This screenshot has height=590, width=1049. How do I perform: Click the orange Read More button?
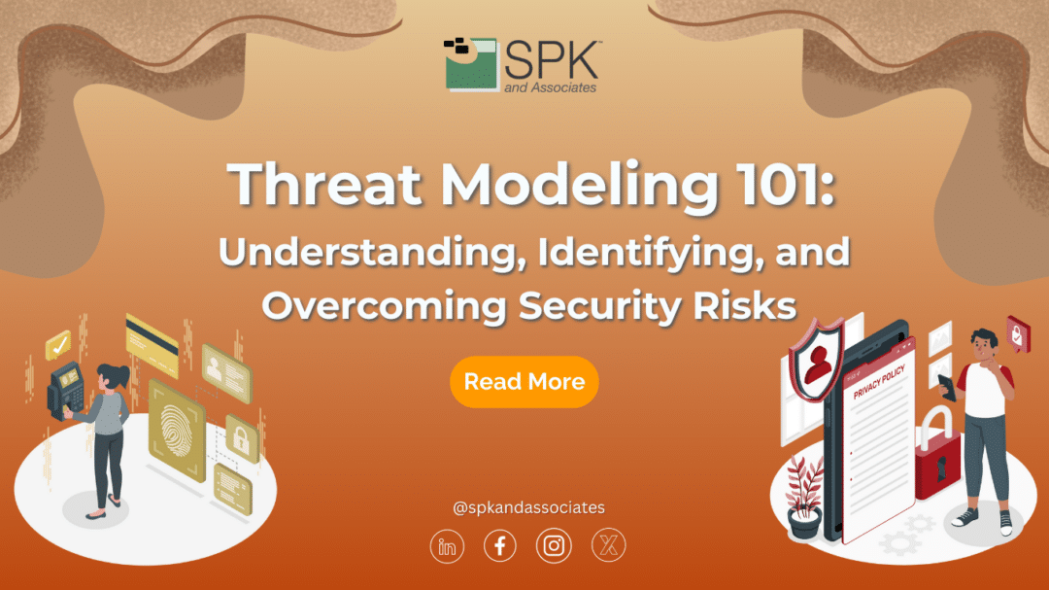pyautogui.click(x=524, y=382)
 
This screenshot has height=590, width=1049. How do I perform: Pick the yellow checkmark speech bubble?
pyautogui.click(x=59, y=342)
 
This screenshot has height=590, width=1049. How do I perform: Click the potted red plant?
pyautogui.click(x=803, y=496)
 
